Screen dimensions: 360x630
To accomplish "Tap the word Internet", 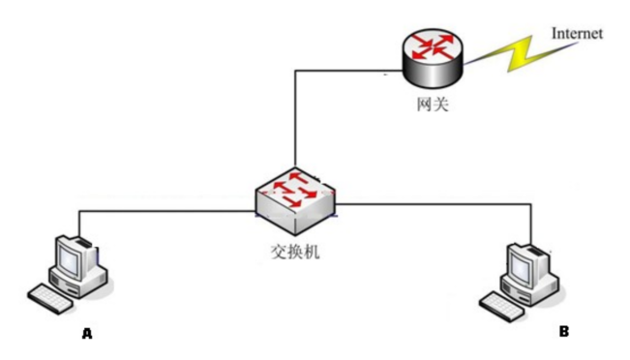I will pyautogui.click(x=577, y=33).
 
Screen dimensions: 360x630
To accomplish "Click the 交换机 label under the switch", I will pyautogui.click(x=296, y=251).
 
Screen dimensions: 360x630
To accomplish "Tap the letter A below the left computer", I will pyautogui.click(x=87, y=333).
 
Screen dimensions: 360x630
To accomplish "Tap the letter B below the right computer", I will pyautogui.click(x=563, y=331).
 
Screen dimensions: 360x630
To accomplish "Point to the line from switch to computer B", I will pyautogui.click(x=435, y=203).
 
